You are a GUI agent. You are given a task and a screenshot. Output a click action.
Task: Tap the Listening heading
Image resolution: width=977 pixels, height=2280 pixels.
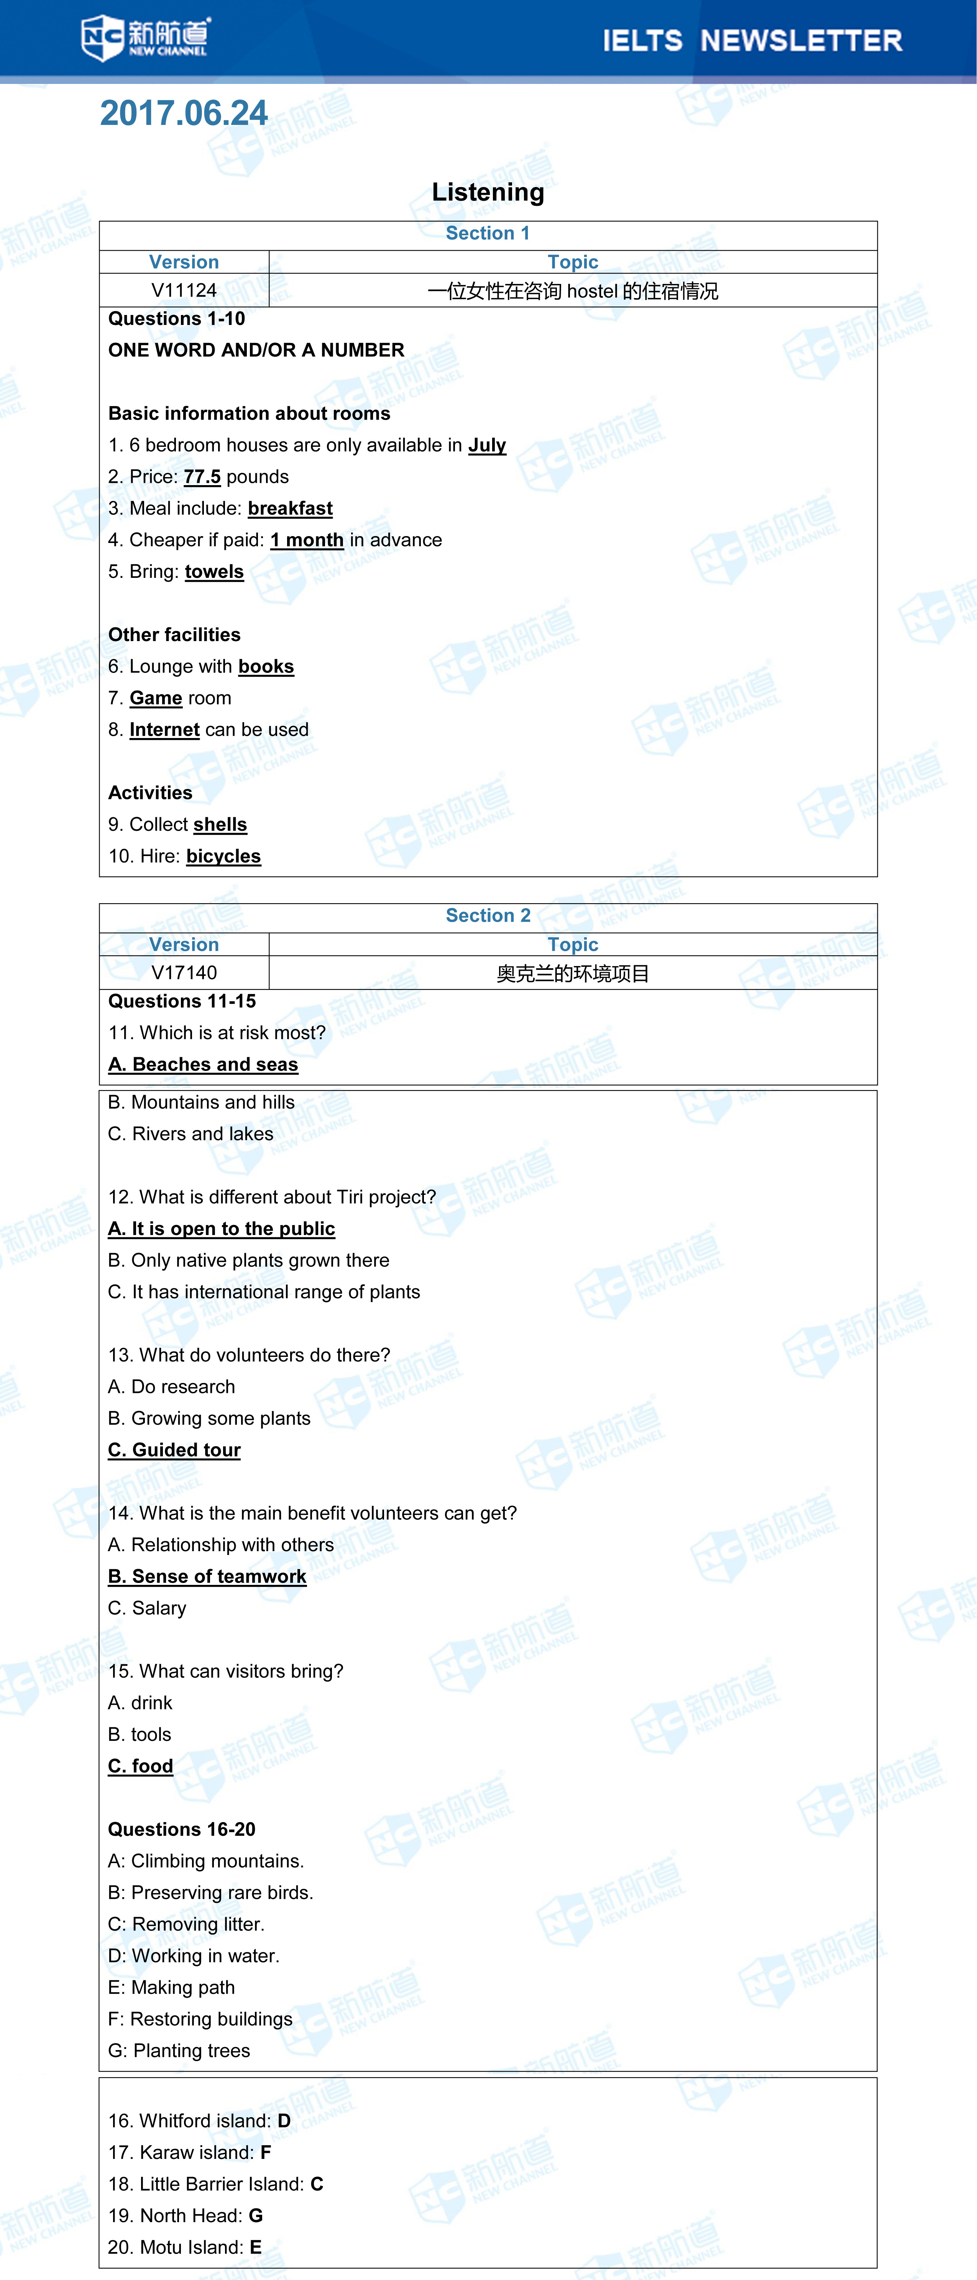488,192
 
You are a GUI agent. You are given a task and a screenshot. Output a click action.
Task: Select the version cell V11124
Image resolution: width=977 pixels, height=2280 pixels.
184,290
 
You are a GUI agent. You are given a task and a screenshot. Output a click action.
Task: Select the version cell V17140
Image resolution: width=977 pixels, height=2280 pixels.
184,973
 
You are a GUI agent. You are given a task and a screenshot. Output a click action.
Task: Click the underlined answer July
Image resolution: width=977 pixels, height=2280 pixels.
487,445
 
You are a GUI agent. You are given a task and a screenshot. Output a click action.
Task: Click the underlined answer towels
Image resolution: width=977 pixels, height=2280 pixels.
214,572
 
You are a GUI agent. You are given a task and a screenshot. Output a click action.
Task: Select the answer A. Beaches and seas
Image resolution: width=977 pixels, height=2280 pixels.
203,1065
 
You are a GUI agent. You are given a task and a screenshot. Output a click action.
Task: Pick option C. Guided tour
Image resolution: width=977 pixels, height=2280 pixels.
174,1450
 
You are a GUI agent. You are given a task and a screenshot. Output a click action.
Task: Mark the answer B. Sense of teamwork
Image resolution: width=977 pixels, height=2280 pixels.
207,1576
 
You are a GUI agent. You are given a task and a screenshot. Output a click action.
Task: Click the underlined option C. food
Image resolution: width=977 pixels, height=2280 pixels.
141,1766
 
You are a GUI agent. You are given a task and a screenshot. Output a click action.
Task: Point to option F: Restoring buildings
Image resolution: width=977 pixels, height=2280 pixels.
200,2019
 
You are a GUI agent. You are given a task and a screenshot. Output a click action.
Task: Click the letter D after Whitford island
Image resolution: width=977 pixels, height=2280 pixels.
284,2121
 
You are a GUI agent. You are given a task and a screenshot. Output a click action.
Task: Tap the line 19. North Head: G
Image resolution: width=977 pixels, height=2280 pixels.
185,2215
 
